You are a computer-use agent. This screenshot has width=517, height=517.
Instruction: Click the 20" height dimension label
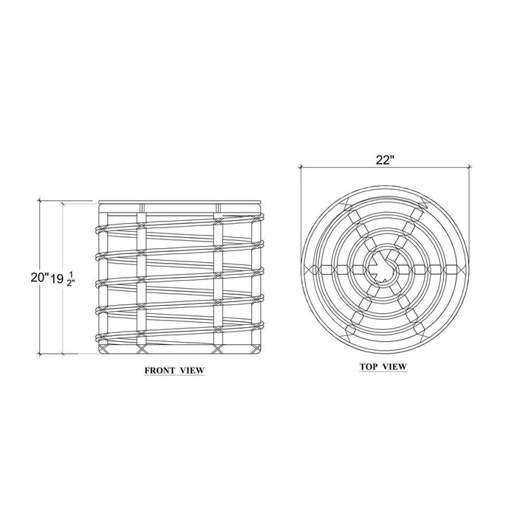pos(40,277)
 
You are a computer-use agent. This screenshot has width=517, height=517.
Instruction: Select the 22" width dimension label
pos(385,160)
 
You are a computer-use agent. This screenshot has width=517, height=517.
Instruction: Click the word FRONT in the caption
pos(160,370)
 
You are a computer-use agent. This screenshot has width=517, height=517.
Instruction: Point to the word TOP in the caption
pos(369,366)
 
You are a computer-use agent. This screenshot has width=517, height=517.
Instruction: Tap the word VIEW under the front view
pos(192,370)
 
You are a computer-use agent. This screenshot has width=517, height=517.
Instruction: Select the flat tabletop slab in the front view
pos(181,202)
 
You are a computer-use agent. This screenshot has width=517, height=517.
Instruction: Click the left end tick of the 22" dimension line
pos(301,167)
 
